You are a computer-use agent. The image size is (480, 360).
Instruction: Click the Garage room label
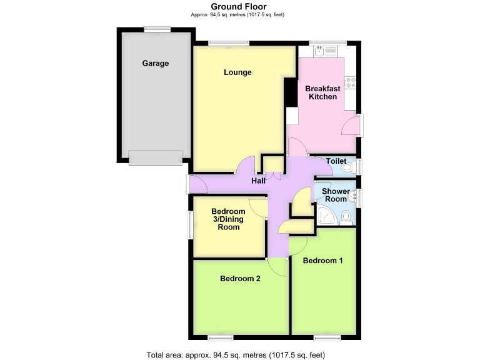coord(155,63)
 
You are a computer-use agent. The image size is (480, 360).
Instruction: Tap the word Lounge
coord(237,72)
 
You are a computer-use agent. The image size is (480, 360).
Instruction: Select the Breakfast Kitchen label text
coord(322,92)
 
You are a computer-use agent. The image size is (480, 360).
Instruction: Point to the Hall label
coord(258,181)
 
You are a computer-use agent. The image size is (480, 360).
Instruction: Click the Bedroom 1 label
coord(322,261)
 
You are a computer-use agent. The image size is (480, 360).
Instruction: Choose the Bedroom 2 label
coord(240,279)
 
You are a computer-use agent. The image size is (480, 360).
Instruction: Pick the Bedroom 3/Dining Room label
coord(228,219)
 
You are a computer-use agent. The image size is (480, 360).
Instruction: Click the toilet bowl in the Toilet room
coord(347,166)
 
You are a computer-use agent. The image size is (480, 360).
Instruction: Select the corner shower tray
coord(326,216)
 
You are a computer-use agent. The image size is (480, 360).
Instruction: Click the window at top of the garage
coord(156,28)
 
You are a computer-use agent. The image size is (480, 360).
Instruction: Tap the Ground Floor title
coord(239,7)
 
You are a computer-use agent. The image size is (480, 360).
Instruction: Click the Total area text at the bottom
coord(239,355)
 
